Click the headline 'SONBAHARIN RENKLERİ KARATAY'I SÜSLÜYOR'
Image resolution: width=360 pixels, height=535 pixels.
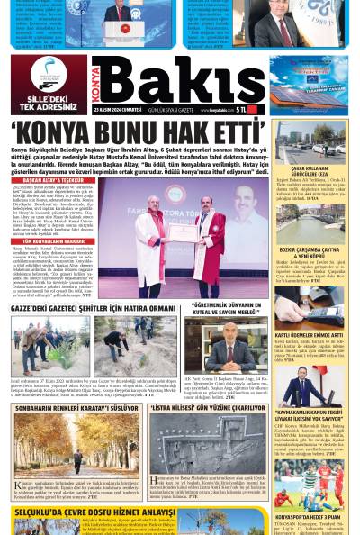[x=74, y=408]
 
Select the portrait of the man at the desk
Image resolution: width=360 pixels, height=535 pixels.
[x=229, y=346]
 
